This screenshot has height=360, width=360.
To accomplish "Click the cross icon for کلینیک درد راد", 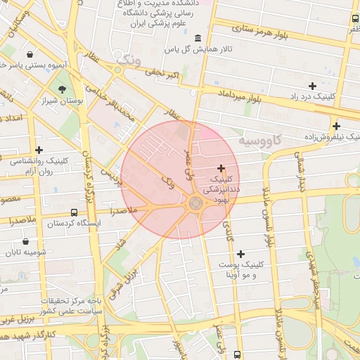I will click(312, 86).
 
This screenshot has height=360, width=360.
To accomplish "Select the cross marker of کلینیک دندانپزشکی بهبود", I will click(221, 168).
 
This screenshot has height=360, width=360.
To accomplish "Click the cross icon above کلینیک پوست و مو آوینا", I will click(241, 254).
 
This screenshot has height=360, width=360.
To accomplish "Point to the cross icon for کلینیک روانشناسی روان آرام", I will click(39, 150).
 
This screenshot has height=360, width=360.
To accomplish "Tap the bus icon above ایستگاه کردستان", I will click(75, 212).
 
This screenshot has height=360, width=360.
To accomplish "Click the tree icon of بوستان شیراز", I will click(63, 89).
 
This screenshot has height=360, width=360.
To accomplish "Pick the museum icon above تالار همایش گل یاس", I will click(197, 37).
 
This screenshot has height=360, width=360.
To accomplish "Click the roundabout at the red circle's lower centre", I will click(195, 203).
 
